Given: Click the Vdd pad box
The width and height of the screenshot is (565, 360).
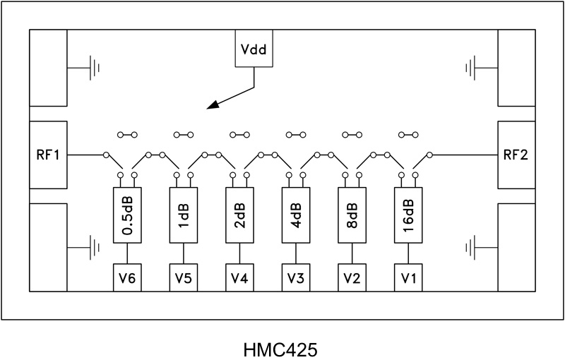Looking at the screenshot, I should click(x=254, y=50).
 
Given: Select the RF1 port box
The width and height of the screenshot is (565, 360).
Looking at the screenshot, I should click(x=47, y=155).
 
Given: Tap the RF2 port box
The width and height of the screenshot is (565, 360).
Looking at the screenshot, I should click(x=516, y=155).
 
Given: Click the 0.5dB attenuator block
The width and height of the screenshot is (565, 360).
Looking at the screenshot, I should click(x=127, y=215).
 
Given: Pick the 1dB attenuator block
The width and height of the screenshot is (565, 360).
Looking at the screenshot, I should click(x=184, y=215).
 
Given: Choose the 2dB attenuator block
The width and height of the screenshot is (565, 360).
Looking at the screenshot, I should click(x=239, y=215).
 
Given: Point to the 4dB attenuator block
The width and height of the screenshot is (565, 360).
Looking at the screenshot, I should click(x=296, y=215).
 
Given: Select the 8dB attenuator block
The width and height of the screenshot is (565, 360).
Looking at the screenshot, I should click(x=352, y=215).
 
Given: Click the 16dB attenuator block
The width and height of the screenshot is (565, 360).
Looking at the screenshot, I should click(x=408, y=215).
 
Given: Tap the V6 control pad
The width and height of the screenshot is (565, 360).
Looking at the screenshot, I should click(x=127, y=277).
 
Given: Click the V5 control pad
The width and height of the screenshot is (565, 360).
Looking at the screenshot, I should click(x=184, y=277).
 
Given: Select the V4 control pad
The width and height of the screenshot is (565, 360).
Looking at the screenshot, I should click(x=239, y=277).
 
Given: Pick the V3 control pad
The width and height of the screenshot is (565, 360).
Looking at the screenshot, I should click(x=296, y=277).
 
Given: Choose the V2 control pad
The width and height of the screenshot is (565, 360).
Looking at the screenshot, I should click(x=352, y=277).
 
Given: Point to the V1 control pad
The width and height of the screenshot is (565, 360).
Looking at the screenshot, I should click(x=408, y=277).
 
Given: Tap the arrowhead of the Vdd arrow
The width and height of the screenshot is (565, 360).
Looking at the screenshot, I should click(x=211, y=107).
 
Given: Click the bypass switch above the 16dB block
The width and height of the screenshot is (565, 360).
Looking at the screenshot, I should click(x=408, y=133).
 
